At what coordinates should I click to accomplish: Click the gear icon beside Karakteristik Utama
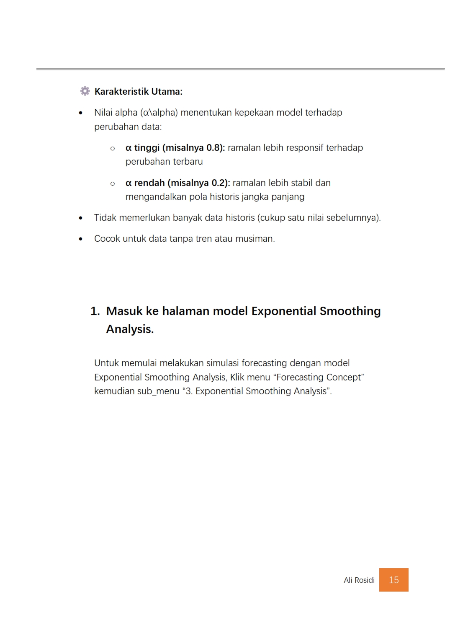pyautogui.click(x=85, y=91)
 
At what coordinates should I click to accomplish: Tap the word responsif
pyautogui.click(x=303, y=147)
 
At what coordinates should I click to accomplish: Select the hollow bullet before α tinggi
pyautogui.click(x=113, y=148)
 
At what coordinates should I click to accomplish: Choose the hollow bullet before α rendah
pyautogui.click(x=113, y=184)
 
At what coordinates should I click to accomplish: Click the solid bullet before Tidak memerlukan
pyautogui.click(x=81, y=218)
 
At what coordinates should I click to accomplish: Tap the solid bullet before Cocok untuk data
pyautogui.click(x=81, y=239)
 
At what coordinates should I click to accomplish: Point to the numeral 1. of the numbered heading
pyautogui.click(x=95, y=311)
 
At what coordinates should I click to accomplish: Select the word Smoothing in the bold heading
pyautogui.click(x=350, y=311)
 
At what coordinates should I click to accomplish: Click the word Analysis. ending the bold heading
pyautogui.click(x=130, y=329)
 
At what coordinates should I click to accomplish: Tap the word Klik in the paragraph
pyautogui.click(x=237, y=377)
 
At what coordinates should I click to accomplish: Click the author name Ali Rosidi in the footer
pyautogui.click(x=359, y=580)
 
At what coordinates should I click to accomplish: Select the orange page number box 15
pyautogui.click(x=393, y=580)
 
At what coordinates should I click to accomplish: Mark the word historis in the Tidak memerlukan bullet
pyautogui.click(x=240, y=217)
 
